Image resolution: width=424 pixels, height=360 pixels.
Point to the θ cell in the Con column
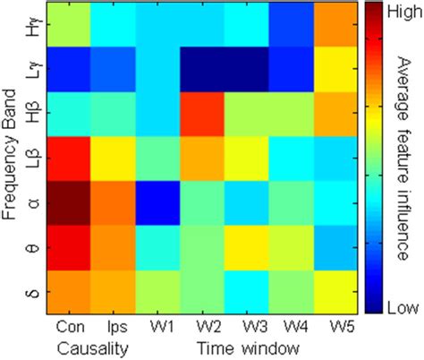tap(70, 246)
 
